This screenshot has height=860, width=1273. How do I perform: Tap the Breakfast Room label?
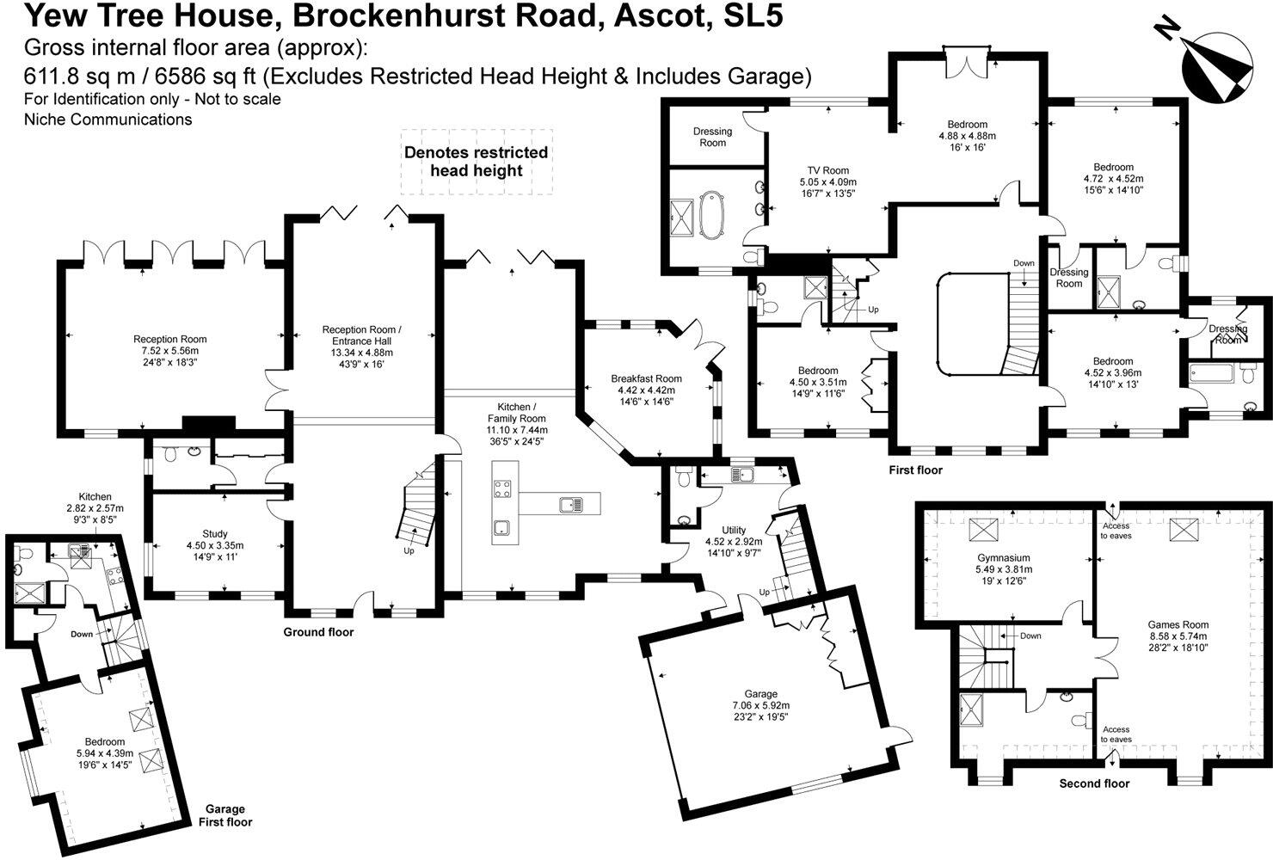tap(646, 390)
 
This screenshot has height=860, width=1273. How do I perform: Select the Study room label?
tap(215, 545)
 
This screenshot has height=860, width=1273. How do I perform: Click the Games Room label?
tap(1178, 636)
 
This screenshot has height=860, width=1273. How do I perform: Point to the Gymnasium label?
tap(1004, 569)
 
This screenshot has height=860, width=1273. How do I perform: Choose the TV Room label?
tap(828, 181)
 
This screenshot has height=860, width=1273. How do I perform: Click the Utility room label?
tap(734, 541)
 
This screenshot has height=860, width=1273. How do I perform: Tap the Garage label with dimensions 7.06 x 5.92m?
tap(761, 705)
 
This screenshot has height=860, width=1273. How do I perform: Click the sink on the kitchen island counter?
tap(570, 504)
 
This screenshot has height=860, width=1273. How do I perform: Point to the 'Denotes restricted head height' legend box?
tap(477, 162)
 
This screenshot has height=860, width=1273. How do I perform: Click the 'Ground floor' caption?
tap(318, 632)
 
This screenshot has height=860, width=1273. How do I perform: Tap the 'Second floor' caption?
tap(1094, 783)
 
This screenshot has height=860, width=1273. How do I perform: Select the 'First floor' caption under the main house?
tap(915, 470)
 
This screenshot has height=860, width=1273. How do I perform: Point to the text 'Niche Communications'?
tap(108, 120)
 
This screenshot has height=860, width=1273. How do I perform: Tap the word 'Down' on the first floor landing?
tap(1024, 263)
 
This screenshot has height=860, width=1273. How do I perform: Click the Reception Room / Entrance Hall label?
tap(362, 347)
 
